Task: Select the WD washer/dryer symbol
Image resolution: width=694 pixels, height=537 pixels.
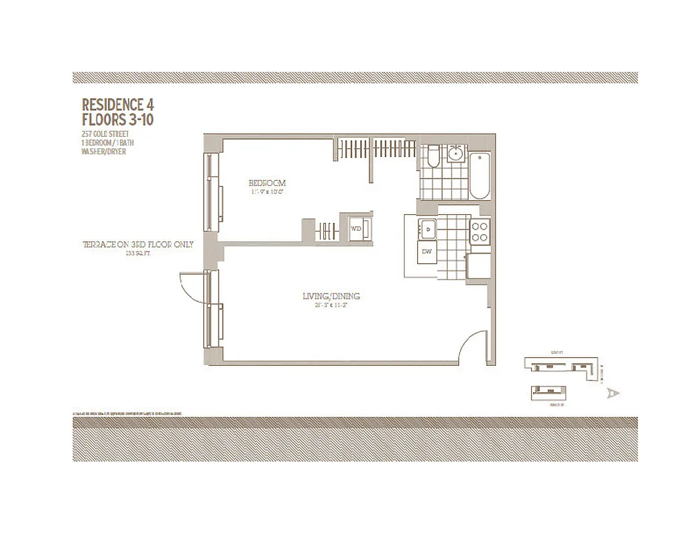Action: (356, 228)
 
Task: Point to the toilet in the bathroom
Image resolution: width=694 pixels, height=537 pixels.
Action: (432, 156)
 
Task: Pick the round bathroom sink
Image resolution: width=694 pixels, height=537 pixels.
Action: (456, 154)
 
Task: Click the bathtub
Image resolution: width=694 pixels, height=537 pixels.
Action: (480, 176)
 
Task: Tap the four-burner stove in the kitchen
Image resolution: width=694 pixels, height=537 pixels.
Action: (479, 231)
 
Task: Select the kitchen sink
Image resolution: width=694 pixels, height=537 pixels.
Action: (427, 230)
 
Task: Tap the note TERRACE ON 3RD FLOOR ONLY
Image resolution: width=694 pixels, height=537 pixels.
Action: (137, 244)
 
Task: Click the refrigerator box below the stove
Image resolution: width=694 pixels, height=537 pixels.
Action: (478, 266)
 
